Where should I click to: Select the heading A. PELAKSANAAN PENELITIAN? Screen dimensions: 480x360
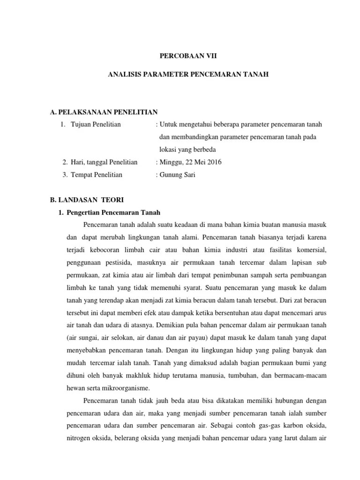[104, 112]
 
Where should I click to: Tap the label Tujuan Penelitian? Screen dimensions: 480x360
[96, 124]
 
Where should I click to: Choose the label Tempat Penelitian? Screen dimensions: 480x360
[97, 175]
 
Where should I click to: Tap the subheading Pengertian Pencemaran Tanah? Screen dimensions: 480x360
[113, 212]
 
